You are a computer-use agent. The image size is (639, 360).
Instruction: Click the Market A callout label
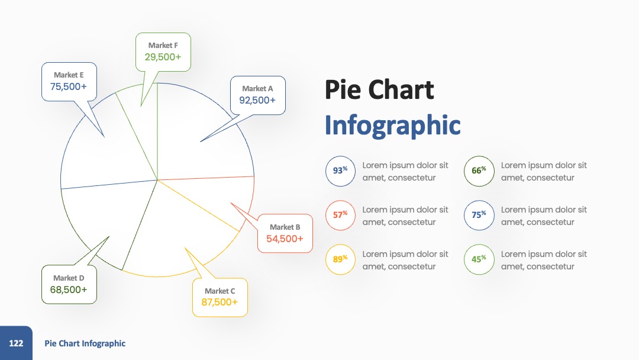pos(257,88)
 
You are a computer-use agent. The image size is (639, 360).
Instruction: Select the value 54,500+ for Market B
pos(285,239)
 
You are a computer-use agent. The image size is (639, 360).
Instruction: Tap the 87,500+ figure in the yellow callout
pos(220,302)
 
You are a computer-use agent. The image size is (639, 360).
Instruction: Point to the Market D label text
pos(69,278)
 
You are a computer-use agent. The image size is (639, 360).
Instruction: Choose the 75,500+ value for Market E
pos(69,86)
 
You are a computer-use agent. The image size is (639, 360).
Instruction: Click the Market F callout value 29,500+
pos(163,57)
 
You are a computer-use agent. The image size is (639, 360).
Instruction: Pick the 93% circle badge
pos(340,171)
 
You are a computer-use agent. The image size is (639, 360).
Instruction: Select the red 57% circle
pos(340,216)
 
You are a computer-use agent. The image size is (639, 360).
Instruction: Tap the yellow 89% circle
pos(340,260)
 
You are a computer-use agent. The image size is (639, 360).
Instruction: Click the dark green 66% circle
pos(479,171)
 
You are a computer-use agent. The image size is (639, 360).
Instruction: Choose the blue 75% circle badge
pos(479,216)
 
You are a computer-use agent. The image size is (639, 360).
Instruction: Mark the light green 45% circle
pos(479,260)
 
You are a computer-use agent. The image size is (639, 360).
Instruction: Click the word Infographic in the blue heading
pos(392,125)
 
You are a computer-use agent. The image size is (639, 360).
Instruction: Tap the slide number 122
pos(16,343)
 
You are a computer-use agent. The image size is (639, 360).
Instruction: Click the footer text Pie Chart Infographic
pos(85,343)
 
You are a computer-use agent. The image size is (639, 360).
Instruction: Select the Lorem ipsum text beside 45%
pos(544,260)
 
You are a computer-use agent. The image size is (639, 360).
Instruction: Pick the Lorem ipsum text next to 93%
pos(405,171)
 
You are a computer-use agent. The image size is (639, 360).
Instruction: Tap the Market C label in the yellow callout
pos(220,291)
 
